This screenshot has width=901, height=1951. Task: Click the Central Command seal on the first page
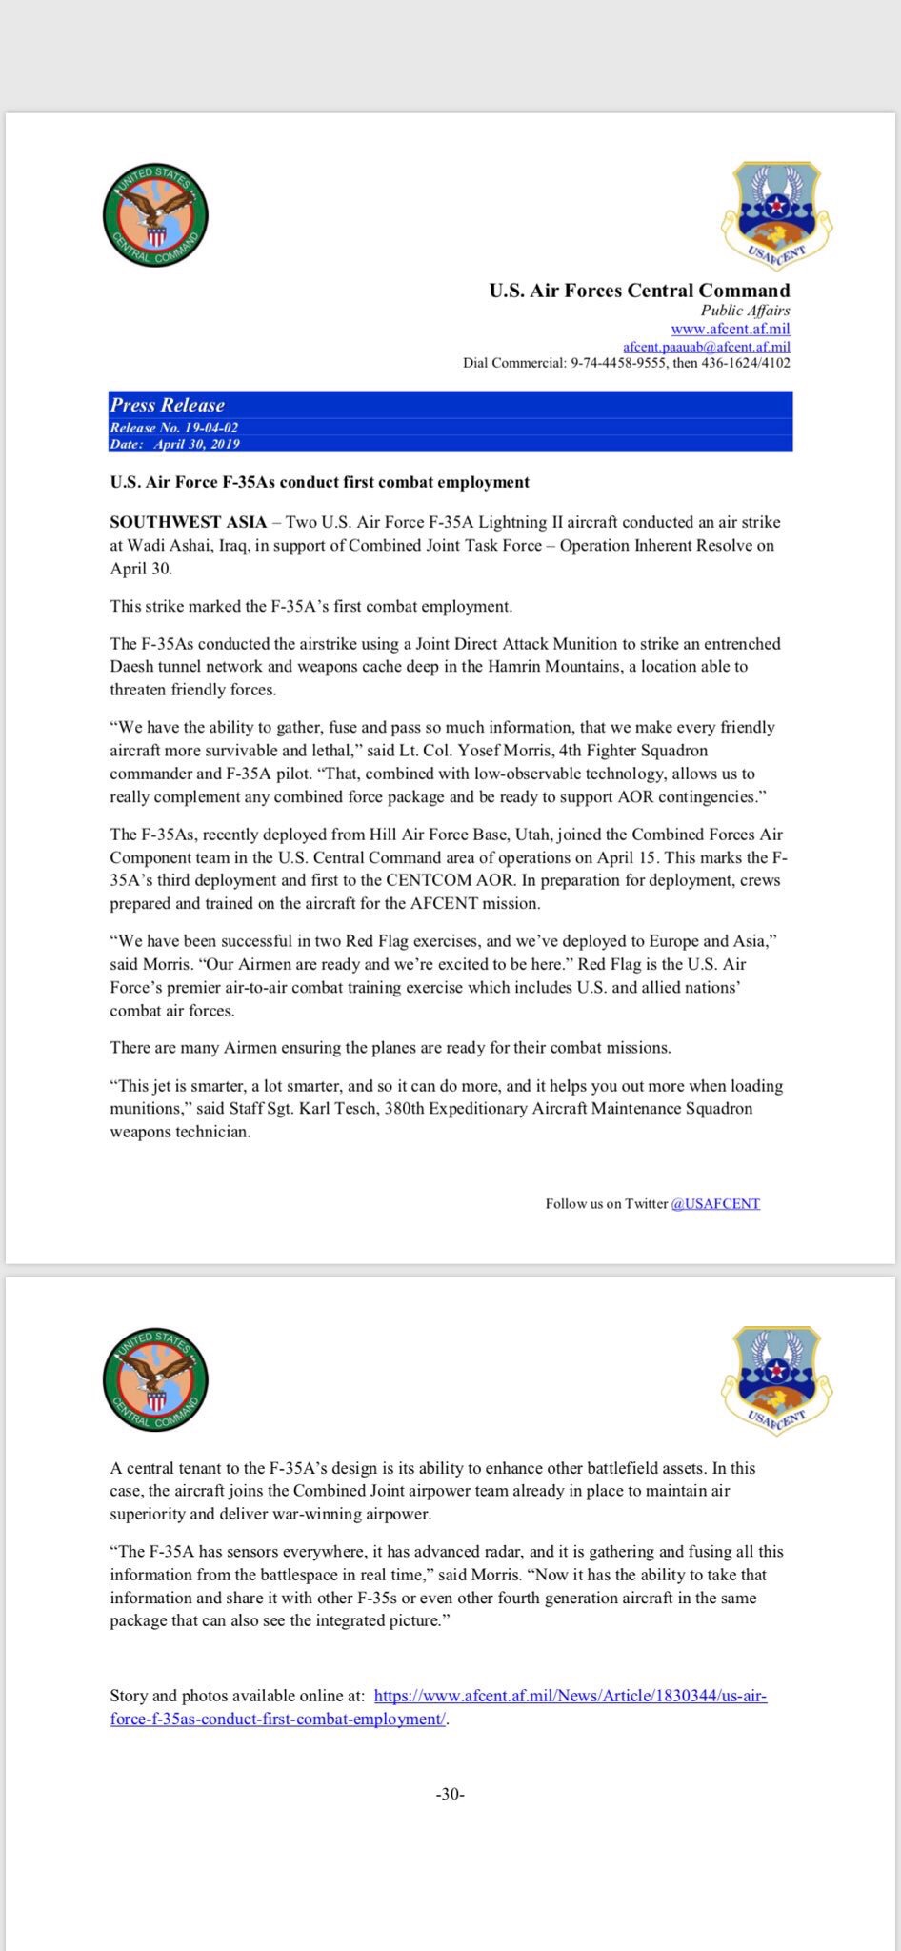pyautogui.click(x=155, y=217)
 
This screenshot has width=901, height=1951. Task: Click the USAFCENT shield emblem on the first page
pyautogui.click(x=777, y=214)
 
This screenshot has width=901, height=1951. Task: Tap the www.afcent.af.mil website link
pyautogui.click(x=731, y=329)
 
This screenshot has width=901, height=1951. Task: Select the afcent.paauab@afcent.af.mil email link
pyautogui.click(x=707, y=347)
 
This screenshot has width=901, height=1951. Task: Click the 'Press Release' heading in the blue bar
pyautogui.click(x=168, y=404)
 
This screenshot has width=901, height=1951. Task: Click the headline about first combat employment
pyautogui.click(x=319, y=482)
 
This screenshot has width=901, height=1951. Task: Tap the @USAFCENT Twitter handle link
pyautogui.click(x=715, y=1203)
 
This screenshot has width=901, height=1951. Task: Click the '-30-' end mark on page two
pyautogui.click(x=450, y=1794)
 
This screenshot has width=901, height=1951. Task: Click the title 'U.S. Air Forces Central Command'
pyautogui.click(x=639, y=291)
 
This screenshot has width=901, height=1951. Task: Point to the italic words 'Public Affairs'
pyautogui.click(x=745, y=311)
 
